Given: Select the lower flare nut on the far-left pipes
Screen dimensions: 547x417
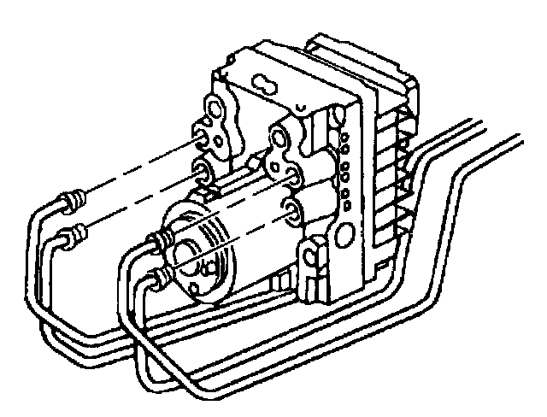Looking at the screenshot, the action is tap(79, 230).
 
